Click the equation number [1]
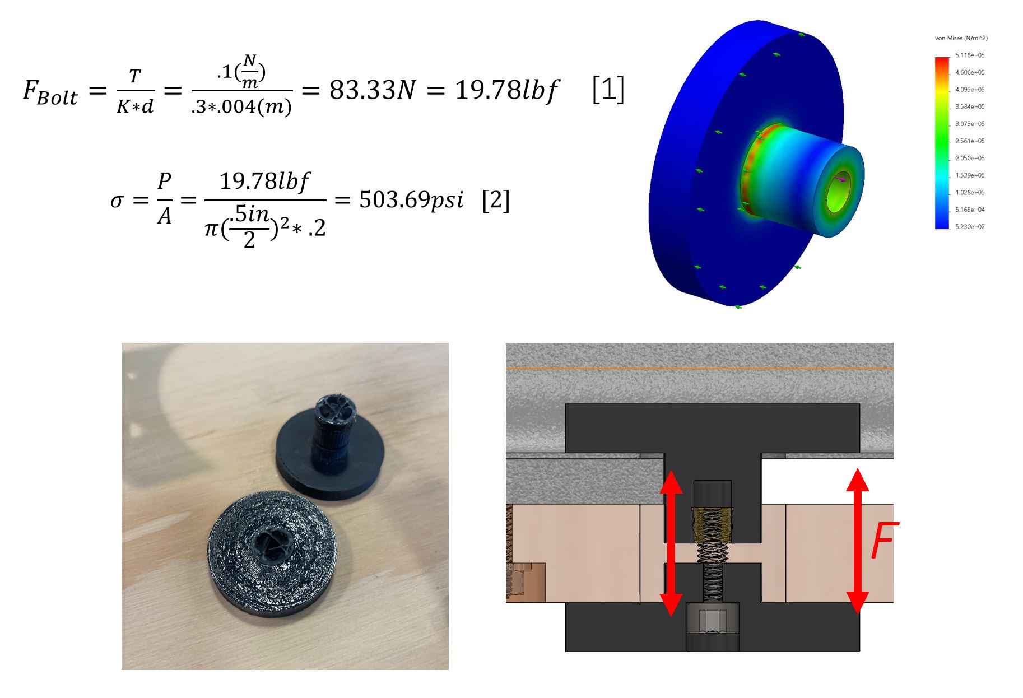click(608, 90)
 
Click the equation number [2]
click(496, 200)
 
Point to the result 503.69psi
click(411, 200)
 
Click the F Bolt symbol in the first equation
click(50, 92)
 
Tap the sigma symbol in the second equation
click(117, 201)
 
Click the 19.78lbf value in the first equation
click(506, 90)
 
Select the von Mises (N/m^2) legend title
click(961, 38)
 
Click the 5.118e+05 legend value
click(970, 55)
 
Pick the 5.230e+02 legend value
click(970, 227)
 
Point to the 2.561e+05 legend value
click(970, 141)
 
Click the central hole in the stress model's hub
click(839, 191)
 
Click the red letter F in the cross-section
click(884, 540)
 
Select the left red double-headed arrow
click(671, 543)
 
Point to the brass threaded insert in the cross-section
click(712, 524)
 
